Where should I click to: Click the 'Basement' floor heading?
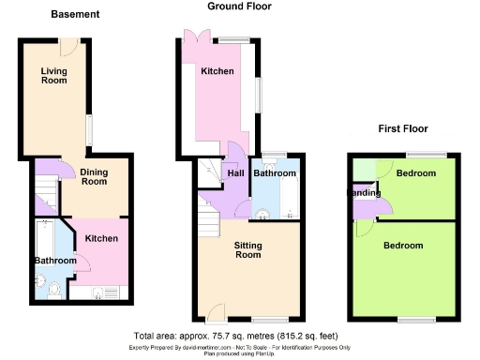(x=74, y=15)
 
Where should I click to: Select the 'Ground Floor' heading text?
(x=239, y=6)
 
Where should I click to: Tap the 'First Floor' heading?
(x=403, y=128)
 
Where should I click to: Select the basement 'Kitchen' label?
(x=101, y=239)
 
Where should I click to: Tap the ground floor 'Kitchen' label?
(x=217, y=71)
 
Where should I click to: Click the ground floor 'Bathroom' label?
(x=275, y=173)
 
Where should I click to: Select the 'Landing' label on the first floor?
(x=365, y=193)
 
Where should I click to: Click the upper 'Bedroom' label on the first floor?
(x=415, y=174)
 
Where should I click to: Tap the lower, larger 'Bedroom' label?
(x=403, y=246)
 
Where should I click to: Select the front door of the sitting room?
(x=217, y=315)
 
